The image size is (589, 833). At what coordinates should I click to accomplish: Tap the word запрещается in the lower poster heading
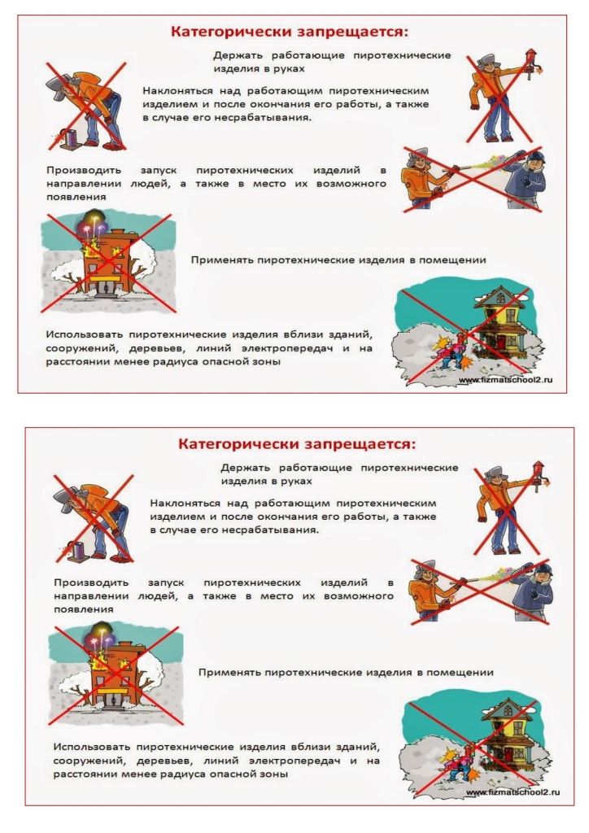(x=360, y=444)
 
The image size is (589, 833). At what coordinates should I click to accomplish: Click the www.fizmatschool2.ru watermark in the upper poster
(x=505, y=380)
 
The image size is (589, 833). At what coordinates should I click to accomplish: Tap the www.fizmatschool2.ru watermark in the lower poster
(x=513, y=792)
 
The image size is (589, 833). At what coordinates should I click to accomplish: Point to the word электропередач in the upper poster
(x=287, y=349)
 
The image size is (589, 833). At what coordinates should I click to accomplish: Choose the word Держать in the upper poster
(x=238, y=55)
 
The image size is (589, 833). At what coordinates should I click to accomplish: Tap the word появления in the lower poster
(x=80, y=609)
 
